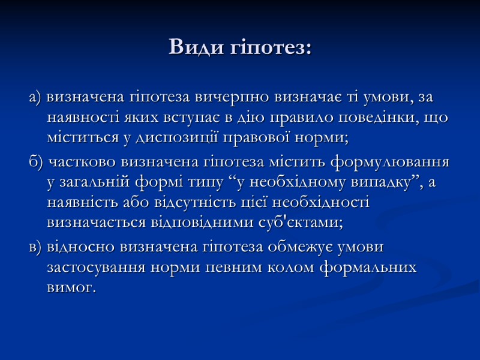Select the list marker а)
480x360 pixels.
[35, 97]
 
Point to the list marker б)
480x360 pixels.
[36, 162]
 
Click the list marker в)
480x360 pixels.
[35, 247]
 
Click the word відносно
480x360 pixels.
[80, 247]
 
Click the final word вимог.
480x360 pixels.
[70, 289]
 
